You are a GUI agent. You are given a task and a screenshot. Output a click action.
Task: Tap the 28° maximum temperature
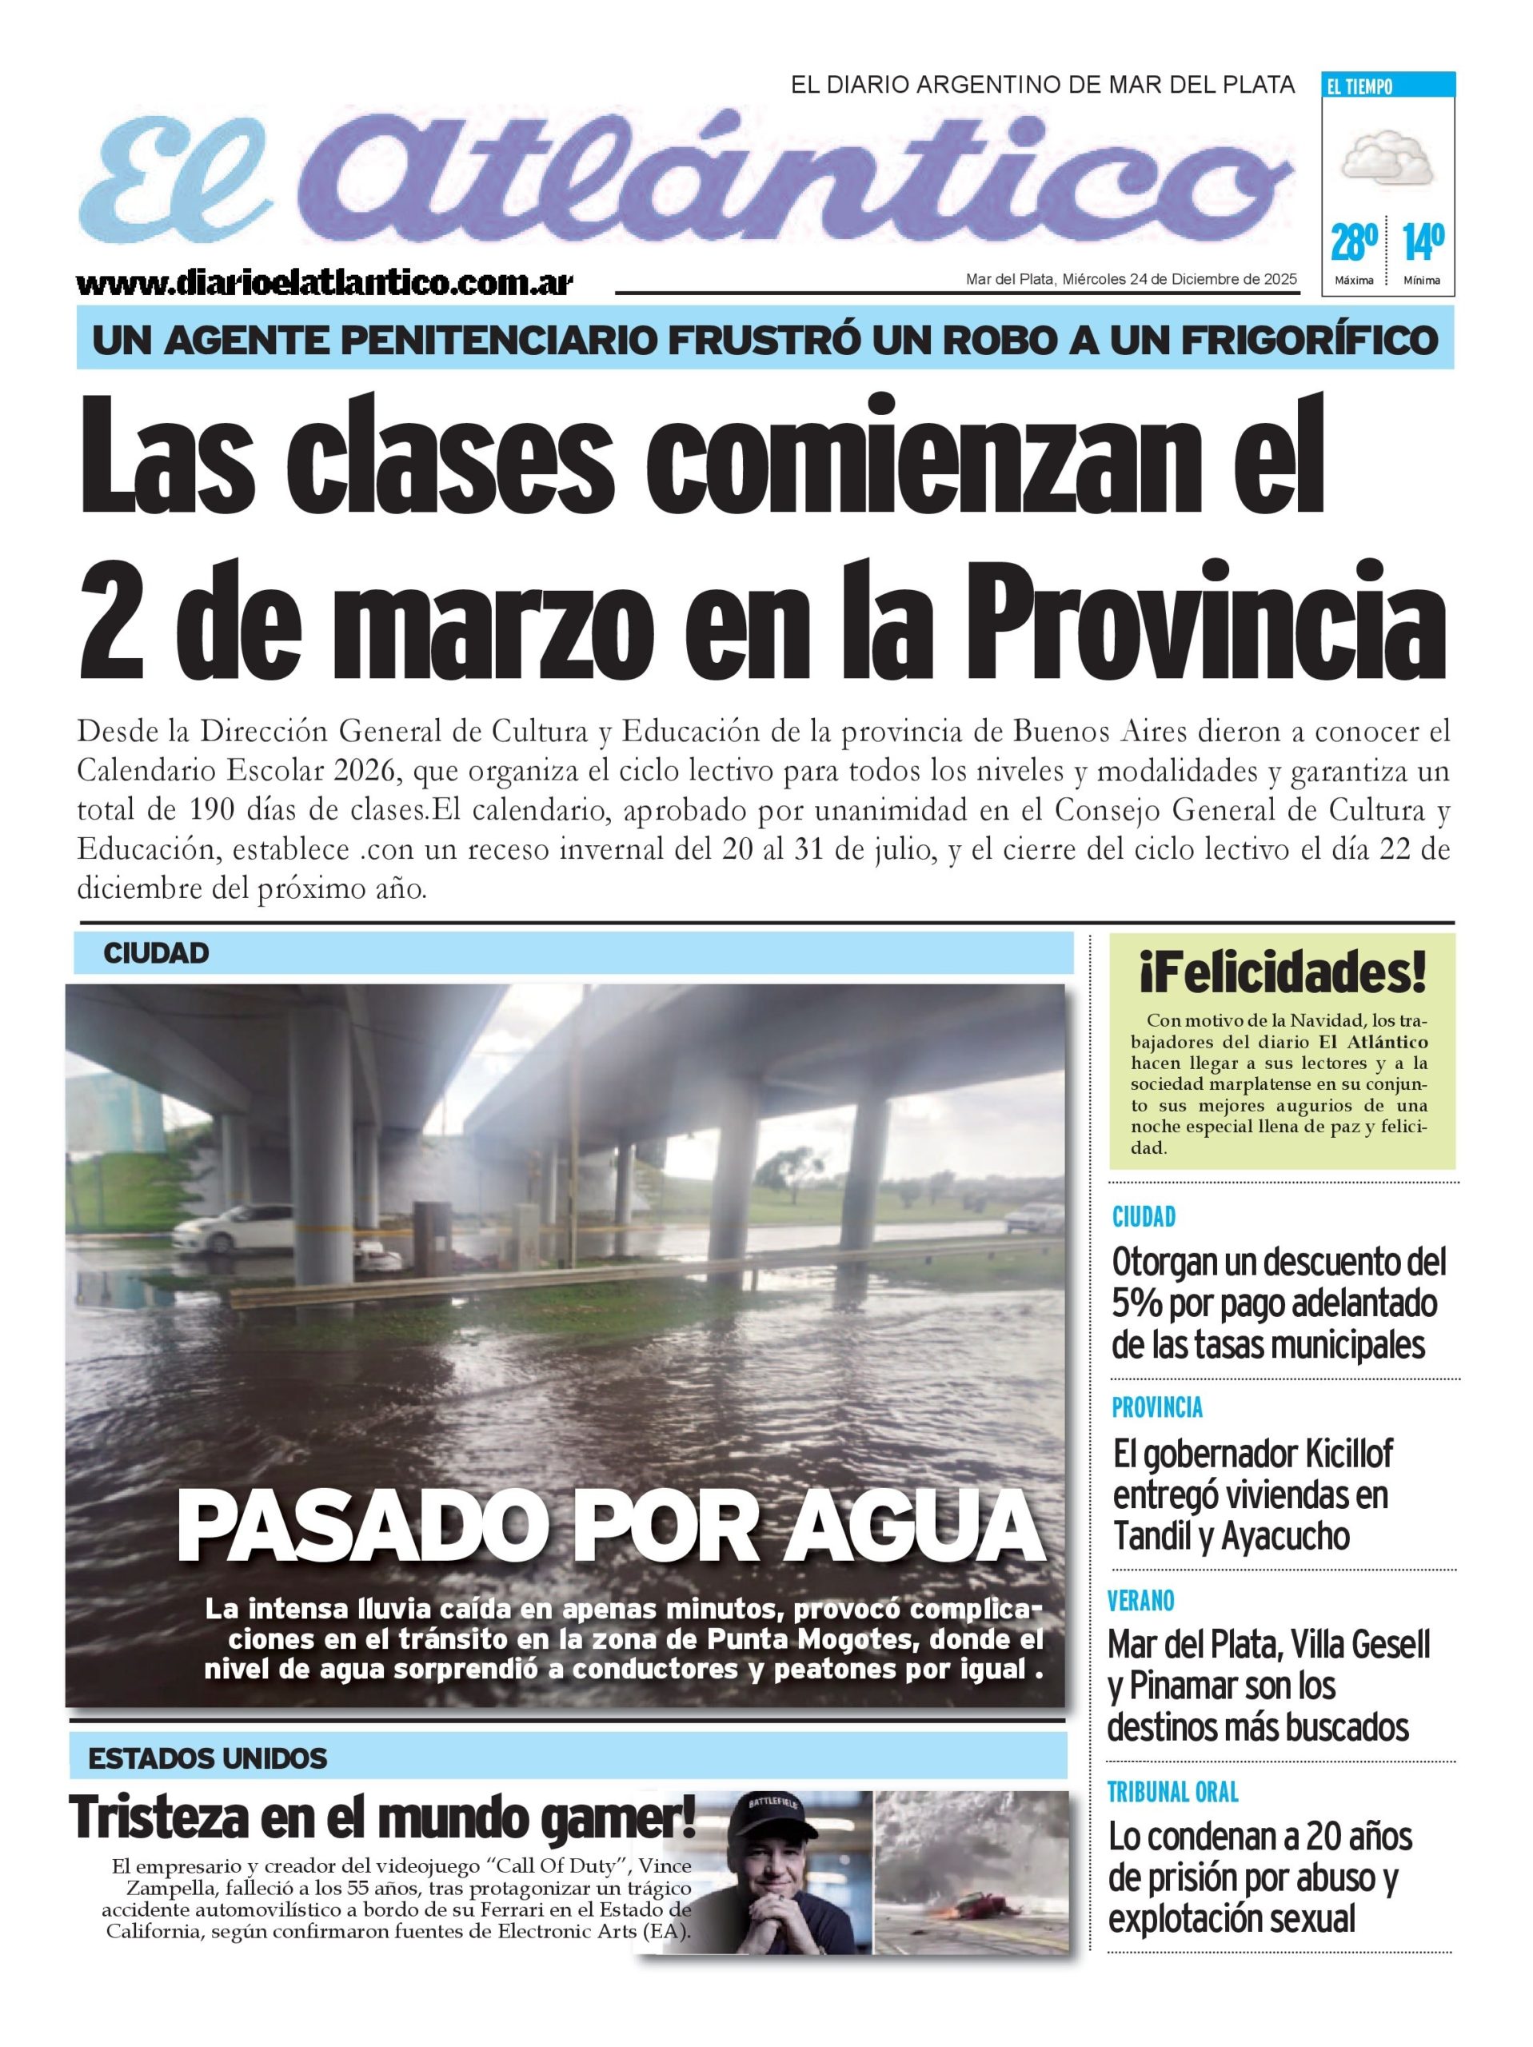coord(1353,241)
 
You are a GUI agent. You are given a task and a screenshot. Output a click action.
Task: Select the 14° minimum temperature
coord(1423,241)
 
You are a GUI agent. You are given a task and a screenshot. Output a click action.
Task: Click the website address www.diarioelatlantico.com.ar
coord(324,281)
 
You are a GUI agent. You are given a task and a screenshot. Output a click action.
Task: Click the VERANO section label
coord(1140,1600)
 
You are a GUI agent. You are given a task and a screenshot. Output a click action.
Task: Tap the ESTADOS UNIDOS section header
coord(207,1758)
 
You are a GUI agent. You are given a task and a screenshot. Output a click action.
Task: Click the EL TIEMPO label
coord(1359,87)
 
